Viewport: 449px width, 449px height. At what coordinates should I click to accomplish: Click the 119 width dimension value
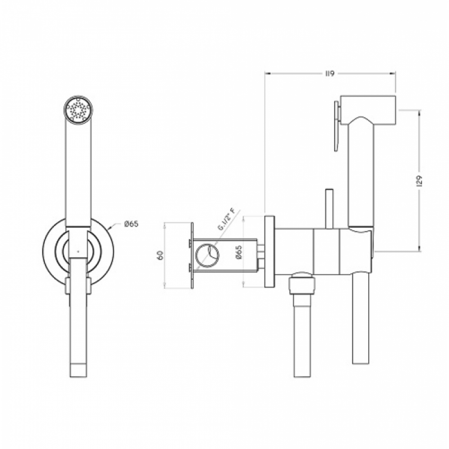click(x=330, y=74)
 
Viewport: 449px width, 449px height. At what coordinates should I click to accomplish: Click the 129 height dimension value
click(x=419, y=181)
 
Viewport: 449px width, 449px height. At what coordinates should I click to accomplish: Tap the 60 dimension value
click(x=160, y=255)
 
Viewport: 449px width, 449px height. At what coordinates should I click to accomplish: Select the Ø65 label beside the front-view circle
click(x=132, y=224)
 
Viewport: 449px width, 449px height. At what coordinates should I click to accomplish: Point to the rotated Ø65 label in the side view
click(x=239, y=252)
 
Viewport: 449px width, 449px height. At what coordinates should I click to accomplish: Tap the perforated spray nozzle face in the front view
click(x=78, y=110)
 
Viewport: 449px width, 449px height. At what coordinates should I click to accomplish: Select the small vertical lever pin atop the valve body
click(x=329, y=209)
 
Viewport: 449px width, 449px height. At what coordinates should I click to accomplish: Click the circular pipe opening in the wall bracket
click(x=207, y=255)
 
